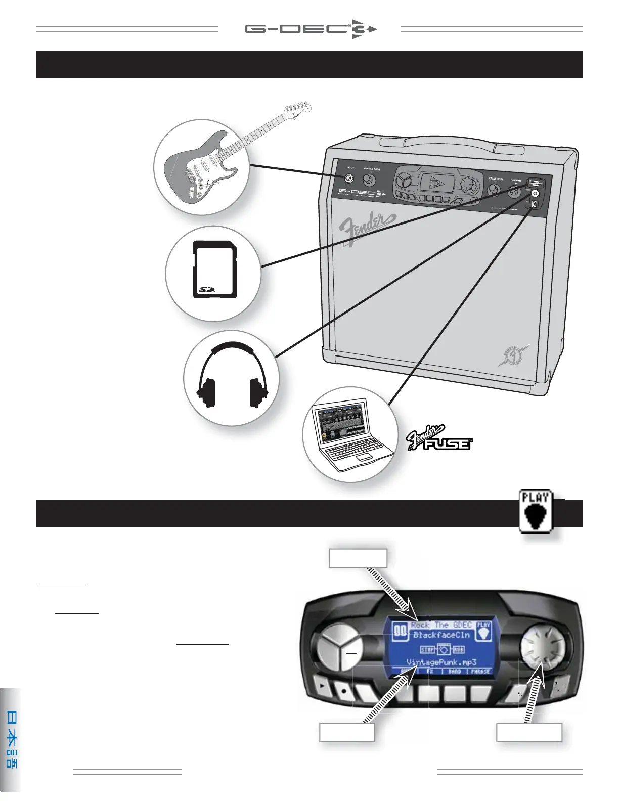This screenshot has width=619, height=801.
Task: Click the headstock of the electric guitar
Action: coord(297,107)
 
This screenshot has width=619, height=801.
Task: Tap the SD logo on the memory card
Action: coord(206,290)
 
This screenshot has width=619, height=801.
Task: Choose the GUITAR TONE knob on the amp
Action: coord(372,179)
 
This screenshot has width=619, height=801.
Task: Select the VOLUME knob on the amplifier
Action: coord(515,191)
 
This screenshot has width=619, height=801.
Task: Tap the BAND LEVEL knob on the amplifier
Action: coord(494,190)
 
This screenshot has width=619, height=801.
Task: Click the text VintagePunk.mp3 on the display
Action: coord(441,662)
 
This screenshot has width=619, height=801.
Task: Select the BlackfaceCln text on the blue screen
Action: coord(441,635)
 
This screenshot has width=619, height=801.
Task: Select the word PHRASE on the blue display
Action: coord(480,672)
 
